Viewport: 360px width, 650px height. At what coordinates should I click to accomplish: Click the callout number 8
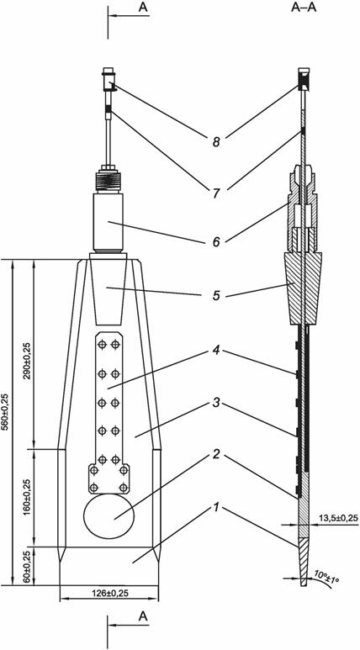(215, 142)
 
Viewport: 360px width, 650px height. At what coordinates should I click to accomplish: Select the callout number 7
(215, 193)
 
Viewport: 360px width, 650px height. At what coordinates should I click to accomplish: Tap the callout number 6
(215, 242)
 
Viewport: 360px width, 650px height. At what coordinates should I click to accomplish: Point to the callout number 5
(215, 295)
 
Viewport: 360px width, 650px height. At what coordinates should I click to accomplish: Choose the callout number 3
(215, 403)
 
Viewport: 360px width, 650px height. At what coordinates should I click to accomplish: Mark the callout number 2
(215, 455)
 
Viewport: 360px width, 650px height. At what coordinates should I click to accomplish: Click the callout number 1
(215, 506)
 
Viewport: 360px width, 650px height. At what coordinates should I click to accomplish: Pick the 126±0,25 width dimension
(109, 593)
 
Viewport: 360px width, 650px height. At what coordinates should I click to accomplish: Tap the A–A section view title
(304, 8)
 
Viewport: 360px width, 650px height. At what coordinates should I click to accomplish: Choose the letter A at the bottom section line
(143, 616)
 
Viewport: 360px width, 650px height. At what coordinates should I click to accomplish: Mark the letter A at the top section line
(143, 8)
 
